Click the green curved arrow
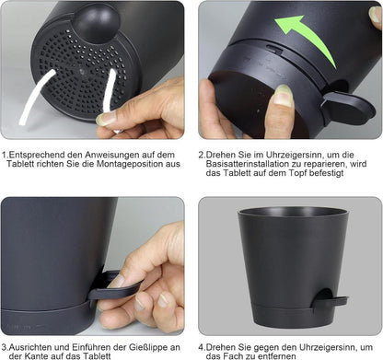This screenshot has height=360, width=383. click(x=310, y=35)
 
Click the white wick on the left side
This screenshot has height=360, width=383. click(x=36, y=97)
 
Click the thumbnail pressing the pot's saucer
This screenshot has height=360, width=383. click(x=283, y=96)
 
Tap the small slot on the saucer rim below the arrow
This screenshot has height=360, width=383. click(x=273, y=48)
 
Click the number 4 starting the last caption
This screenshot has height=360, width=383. click(x=201, y=347)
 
